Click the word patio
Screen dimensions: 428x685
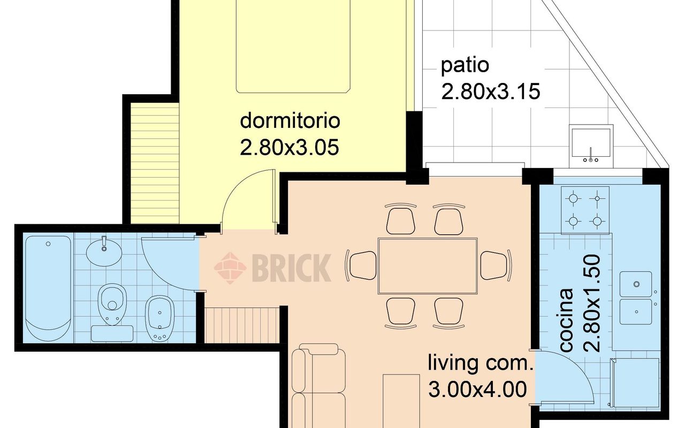[465, 66]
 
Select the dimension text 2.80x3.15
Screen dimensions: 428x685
[490, 92]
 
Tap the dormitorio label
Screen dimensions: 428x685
[290, 120]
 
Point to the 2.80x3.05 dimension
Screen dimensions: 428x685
[290, 147]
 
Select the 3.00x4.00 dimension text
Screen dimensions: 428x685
[477, 389]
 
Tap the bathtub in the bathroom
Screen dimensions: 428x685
[48, 288]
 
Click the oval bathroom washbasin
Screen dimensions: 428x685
[103, 252]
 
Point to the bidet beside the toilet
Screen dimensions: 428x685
[159, 317]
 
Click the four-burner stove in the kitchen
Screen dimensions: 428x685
[585, 210]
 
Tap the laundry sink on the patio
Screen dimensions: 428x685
[591, 143]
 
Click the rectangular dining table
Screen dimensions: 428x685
[427, 266]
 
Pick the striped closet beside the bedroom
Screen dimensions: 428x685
[155, 163]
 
